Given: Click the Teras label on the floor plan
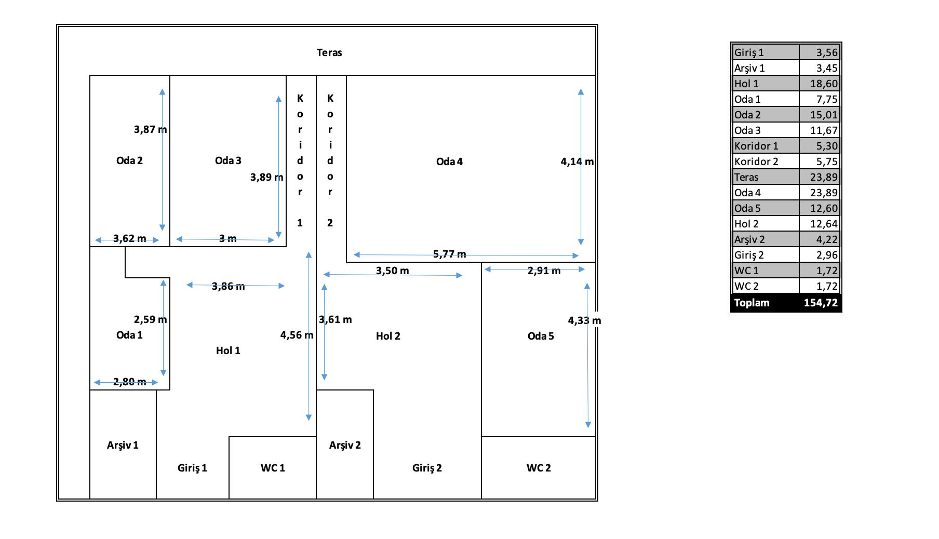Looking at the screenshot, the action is point(329,52).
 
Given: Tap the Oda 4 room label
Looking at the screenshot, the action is point(449,161).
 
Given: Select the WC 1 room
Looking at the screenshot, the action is point(273,468).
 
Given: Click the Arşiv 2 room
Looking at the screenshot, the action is point(345,445).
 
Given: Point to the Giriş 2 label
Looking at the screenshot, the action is point(427,468).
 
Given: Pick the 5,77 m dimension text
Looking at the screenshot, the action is point(450,254).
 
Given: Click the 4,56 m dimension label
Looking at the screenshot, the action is point(297,335).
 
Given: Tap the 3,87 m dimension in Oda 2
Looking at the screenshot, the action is point(151,129).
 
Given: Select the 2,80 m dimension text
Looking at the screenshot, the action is point(130,382).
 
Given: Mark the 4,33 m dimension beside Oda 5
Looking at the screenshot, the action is point(585,320).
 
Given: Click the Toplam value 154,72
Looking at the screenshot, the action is point(821,303).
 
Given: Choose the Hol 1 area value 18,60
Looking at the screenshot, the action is point(824,84).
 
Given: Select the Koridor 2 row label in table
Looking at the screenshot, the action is point(756,161).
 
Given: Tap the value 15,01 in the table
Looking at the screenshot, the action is point(824,115).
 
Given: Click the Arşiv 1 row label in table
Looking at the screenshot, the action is point(749,68).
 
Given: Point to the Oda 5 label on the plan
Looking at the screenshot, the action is point(541,336).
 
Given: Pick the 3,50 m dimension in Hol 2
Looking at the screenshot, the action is point(393,271).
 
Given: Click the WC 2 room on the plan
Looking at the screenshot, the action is point(539,468).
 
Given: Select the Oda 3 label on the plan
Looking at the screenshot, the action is point(228,160).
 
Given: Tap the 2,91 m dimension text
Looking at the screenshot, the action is point(544,271).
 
